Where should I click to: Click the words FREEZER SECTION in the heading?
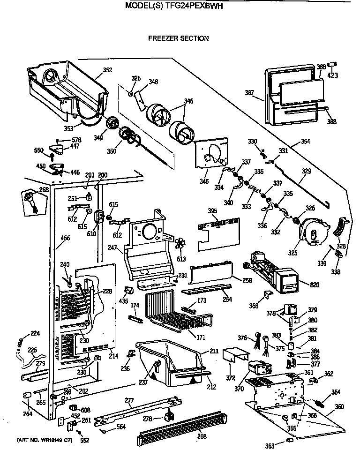(178, 38)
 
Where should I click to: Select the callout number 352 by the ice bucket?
(107, 70)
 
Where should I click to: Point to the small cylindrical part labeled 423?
(332, 65)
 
